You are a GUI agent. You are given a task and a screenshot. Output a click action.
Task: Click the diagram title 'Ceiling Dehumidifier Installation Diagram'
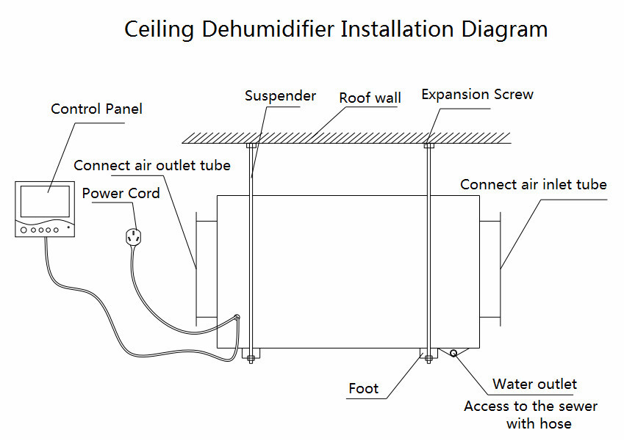(x=336, y=29)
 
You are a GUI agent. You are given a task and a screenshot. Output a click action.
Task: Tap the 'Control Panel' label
(x=96, y=109)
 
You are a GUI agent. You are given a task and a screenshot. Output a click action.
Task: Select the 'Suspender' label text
(x=280, y=95)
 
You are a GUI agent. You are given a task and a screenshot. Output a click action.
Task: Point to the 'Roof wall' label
(x=370, y=98)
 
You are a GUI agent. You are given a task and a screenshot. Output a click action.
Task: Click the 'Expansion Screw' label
(x=477, y=94)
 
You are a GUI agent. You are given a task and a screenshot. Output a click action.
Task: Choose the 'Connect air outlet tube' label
(x=152, y=165)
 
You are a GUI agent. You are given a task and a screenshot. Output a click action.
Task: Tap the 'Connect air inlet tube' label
(x=534, y=184)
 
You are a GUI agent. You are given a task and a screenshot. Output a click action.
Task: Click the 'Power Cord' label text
(x=121, y=193)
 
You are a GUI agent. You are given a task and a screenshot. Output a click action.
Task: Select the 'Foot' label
(x=363, y=388)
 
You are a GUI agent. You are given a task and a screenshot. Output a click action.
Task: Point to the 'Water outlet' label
(x=534, y=384)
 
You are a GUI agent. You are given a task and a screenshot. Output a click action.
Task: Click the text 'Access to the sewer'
(x=531, y=406)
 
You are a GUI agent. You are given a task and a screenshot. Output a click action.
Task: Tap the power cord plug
(x=133, y=237)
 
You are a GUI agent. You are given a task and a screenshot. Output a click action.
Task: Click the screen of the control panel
(x=45, y=201)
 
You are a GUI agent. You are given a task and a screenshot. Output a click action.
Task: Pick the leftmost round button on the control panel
(x=24, y=230)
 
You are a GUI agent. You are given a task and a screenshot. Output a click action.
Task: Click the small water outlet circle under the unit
(x=453, y=352)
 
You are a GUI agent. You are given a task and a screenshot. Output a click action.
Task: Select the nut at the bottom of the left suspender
(x=251, y=359)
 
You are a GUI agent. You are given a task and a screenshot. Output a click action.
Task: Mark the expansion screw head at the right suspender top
(x=428, y=146)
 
